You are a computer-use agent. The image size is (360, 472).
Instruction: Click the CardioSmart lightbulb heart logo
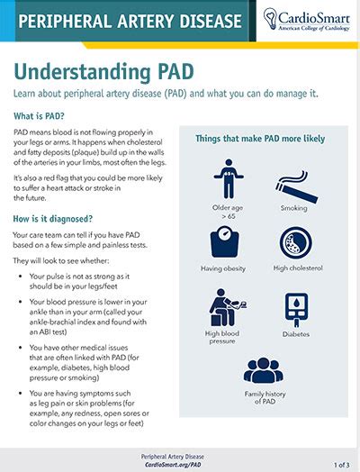click(x=269, y=19)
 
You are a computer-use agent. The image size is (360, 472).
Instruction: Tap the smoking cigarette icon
click(x=296, y=187)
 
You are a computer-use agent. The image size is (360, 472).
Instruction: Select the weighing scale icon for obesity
click(x=224, y=241)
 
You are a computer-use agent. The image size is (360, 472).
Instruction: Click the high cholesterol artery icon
click(x=295, y=243)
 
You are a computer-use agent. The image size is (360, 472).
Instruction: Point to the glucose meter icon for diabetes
click(x=296, y=310)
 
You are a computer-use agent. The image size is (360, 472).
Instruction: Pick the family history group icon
click(x=264, y=370)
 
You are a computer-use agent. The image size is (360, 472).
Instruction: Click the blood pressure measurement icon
click(x=228, y=307)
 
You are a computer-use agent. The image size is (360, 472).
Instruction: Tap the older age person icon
click(x=229, y=179)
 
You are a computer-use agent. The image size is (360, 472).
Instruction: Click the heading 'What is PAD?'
click(x=39, y=116)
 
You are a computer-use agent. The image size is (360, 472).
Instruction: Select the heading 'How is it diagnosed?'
click(x=53, y=219)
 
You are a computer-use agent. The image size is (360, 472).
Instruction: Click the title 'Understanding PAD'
click(x=103, y=72)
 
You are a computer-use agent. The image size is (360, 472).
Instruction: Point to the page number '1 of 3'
click(x=342, y=465)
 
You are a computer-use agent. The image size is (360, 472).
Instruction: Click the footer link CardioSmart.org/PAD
click(x=173, y=465)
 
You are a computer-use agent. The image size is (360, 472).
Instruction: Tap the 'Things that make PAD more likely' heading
click(x=260, y=139)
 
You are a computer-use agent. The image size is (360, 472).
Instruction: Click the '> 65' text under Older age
click(x=229, y=216)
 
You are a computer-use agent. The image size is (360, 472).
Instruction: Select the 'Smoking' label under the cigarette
click(x=293, y=208)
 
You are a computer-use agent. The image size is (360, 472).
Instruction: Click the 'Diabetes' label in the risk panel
click(x=296, y=334)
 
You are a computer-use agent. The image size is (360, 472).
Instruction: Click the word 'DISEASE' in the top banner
click(x=211, y=21)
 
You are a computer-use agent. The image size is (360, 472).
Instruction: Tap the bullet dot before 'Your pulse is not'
click(x=20, y=277)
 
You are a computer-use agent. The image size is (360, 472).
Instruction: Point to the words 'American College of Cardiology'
click(x=314, y=28)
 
